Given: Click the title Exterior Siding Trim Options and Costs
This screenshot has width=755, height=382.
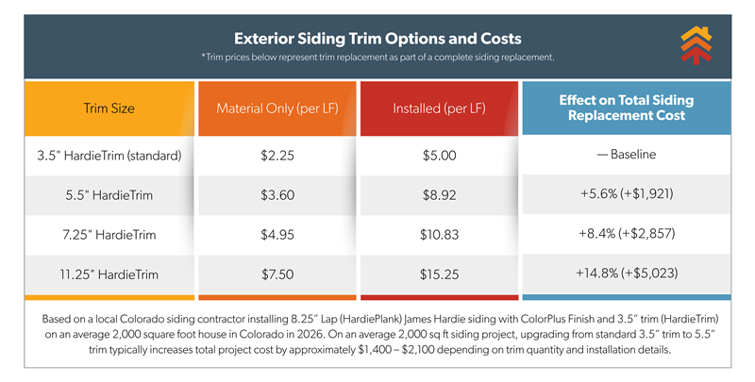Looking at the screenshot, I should click(377, 40).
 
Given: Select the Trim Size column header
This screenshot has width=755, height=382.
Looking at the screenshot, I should click(109, 108).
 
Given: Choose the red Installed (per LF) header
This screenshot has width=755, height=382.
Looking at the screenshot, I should click(439, 108).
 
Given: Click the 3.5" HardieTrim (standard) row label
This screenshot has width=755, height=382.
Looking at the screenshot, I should click(109, 155).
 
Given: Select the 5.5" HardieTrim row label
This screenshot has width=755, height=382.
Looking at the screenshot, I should click(109, 195).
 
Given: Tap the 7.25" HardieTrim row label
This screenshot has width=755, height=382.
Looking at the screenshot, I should click(109, 234).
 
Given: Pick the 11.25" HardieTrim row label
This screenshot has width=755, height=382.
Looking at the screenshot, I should click(109, 274).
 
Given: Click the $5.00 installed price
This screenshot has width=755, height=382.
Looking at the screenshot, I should click(439, 155).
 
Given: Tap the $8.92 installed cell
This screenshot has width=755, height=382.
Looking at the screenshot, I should click(439, 195).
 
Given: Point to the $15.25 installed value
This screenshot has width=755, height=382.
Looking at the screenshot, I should click(439, 274).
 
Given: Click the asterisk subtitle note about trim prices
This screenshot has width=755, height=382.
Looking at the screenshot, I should click(377, 59).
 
